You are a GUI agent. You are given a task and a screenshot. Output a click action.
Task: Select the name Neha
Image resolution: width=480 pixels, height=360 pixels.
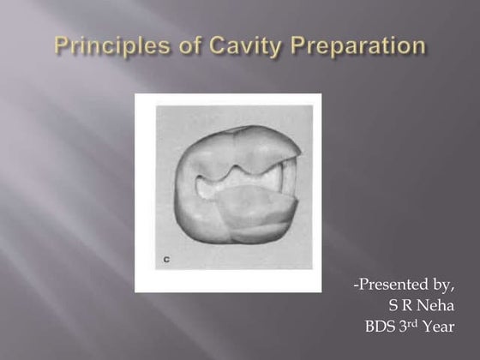pyautogui.click(x=437, y=304)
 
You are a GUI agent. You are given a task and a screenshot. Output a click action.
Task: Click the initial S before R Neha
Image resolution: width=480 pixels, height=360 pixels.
pyautogui.click(x=393, y=304)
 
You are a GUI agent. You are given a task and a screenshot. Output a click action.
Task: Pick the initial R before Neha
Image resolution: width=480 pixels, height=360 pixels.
pyautogui.click(x=407, y=304)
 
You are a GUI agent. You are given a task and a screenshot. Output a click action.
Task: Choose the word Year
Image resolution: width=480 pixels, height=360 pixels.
pyautogui.click(x=441, y=325)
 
